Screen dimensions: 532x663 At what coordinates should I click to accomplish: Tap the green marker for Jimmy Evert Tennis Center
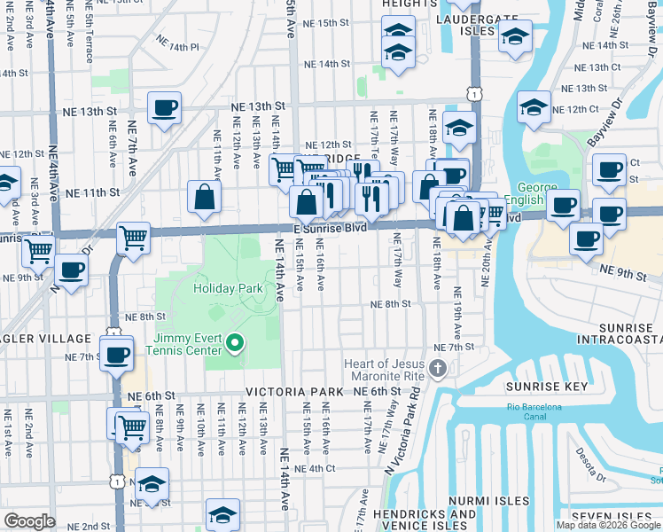(x=235, y=341)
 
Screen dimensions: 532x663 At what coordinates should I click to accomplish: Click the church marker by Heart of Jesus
(x=437, y=368)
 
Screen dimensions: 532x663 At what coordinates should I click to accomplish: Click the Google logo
(x=29, y=521)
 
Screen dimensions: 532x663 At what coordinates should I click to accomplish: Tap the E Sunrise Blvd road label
(x=330, y=227)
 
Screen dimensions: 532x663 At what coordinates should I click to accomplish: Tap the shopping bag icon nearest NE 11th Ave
(x=205, y=199)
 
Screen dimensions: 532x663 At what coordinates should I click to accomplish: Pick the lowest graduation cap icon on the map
(x=222, y=515)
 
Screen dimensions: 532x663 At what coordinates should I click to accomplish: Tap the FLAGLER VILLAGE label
(x=55, y=339)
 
